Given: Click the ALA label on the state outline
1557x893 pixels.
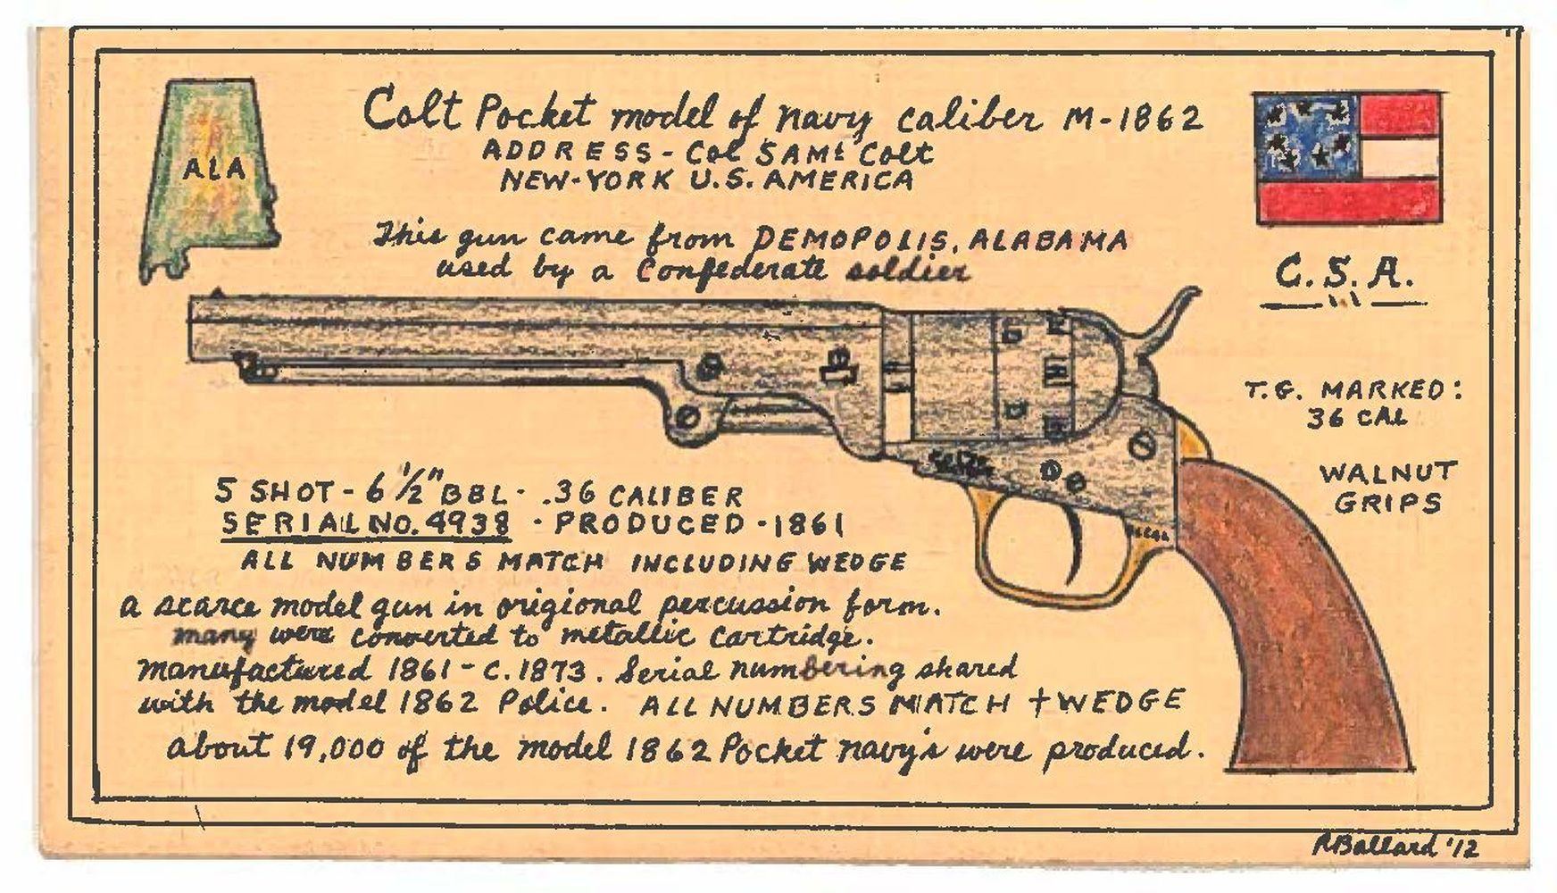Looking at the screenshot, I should click(214, 168).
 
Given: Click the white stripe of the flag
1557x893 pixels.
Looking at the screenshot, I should click(1397, 156).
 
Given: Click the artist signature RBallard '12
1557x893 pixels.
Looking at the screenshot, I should click(1394, 846).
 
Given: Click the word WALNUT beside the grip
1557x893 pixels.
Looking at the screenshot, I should click(1387, 472).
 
